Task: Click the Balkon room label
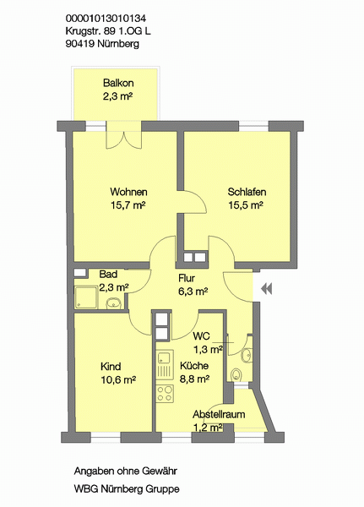tap(118, 83)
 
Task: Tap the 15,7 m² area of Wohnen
tap(128, 205)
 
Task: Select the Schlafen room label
tap(247, 192)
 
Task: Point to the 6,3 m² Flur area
tap(193, 292)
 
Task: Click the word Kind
tap(111, 367)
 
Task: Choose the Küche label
tap(194, 366)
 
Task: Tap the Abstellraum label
tap(219, 414)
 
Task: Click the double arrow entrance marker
tap(266, 288)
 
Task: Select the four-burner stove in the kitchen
tap(165, 394)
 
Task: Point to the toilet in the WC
tap(236, 374)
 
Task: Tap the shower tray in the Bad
tap(86, 297)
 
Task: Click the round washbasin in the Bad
tap(113, 303)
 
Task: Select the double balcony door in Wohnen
tap(124, 139)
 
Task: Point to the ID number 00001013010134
tap(106, 18)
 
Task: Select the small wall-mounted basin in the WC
tap(247, 355)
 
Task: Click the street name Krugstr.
tap(84, 31)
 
